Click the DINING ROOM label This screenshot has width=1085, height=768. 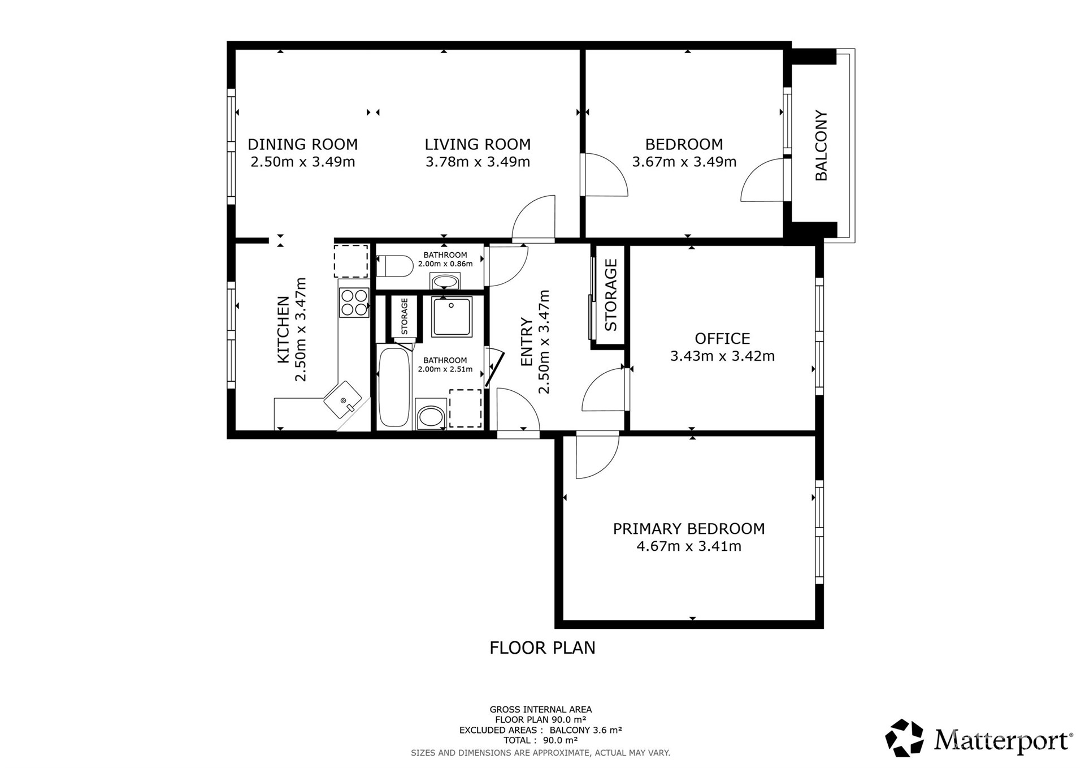tap(303, 144)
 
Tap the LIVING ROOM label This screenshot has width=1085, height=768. tap(478, 144)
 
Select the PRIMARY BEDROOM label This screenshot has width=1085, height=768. tap(689, 529)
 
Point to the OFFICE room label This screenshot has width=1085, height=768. tap(722, 339)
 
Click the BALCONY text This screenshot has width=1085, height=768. tap(821, 145)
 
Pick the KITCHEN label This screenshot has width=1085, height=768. tap(283, 330)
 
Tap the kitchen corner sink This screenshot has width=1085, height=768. tap(343, 399)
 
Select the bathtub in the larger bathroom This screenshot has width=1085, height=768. tap(394, 387)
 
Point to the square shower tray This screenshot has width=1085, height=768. tap(452, 316)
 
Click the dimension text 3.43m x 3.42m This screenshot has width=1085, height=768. tap(722, 356)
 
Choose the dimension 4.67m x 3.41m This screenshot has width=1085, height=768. tap(689, 546)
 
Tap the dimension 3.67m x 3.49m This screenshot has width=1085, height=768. tap(684, 162)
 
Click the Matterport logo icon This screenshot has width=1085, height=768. tap(904, 737)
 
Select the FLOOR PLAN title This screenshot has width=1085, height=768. tap(542, 648)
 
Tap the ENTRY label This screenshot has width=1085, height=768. tap(526, 342)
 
